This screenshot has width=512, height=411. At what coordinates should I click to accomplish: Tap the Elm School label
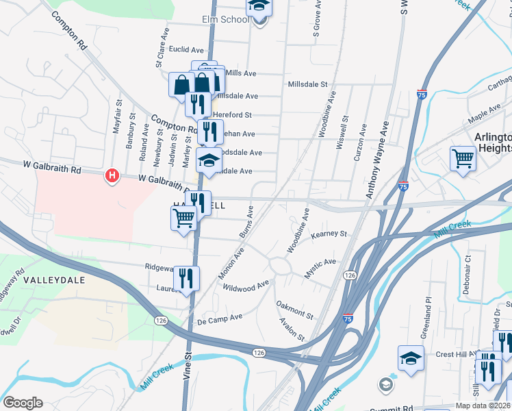point(225,20)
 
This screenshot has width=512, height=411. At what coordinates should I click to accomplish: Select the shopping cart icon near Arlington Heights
point(463,158)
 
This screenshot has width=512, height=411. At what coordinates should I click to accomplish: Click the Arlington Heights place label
point(493,142)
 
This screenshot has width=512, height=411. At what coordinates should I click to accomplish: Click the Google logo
point(23,403)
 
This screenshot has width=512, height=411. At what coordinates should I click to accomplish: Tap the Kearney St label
point(329,235)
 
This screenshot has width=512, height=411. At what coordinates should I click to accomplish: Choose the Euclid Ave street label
point(187,50)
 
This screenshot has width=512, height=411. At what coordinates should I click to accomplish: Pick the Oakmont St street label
point(294,310)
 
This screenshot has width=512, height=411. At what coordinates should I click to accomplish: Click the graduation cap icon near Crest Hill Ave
point(411,358)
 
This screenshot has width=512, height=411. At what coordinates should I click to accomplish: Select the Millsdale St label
point(308,84)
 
